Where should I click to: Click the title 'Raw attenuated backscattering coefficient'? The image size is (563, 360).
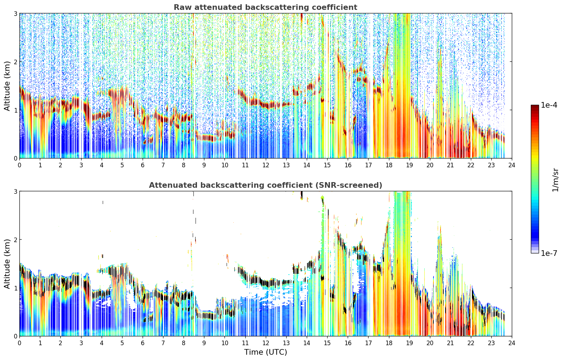265,7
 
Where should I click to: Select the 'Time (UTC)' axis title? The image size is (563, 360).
265,352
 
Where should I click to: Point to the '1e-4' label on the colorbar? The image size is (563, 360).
549,105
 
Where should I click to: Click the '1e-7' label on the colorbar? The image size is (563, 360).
549,253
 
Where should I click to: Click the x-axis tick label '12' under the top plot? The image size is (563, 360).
266,165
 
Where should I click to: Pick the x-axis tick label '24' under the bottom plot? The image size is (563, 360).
512,343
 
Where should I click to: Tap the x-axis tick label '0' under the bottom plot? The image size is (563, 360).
20,343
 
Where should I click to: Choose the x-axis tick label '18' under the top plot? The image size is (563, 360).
389,165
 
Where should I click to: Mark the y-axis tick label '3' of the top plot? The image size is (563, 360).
15,13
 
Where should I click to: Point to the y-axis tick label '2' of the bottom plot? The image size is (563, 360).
15,240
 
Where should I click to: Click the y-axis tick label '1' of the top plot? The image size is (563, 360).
15,110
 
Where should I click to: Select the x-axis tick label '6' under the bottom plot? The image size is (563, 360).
143,343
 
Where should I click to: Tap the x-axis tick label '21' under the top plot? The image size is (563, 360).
450,165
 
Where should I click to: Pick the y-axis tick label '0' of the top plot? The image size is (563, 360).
15,158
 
